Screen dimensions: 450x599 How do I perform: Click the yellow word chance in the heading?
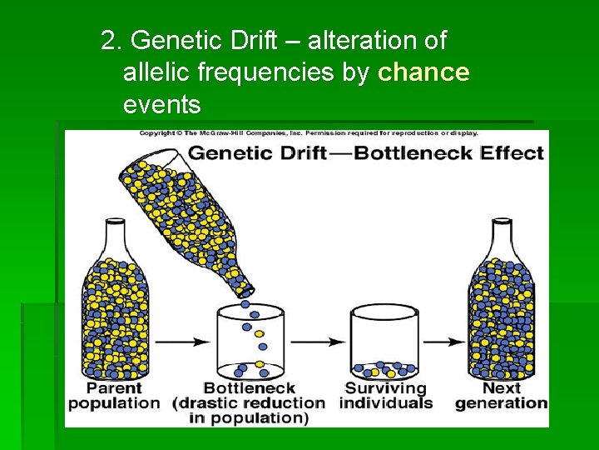click(423, 73)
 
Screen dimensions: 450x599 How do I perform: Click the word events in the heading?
click(161, 105)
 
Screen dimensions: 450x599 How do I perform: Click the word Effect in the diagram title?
click(512, 153)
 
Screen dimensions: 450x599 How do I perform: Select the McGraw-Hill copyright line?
click(308, 133)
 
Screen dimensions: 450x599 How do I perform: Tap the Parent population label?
click(114, 396)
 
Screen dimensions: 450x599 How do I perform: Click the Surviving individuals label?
click(385, 396)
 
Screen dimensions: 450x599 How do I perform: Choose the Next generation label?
click(501, 396)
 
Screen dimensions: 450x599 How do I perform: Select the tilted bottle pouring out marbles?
click(200, 221)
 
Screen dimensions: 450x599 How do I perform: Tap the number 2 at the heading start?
click(106, 40)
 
